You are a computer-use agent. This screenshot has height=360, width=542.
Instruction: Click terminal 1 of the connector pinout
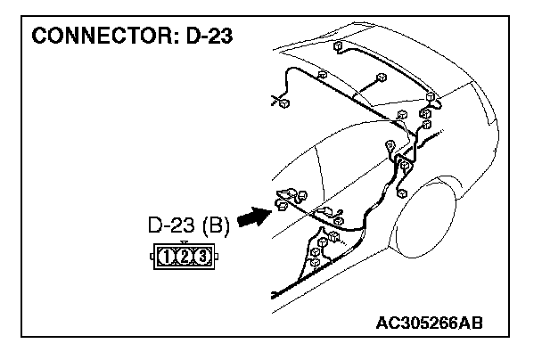click(x=167, y=257)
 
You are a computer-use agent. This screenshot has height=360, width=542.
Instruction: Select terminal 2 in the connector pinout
click(x=185, y=257)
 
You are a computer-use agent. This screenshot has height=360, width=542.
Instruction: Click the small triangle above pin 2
click(x=184, y=242)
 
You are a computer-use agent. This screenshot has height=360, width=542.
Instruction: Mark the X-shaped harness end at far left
click(x=275, y=101)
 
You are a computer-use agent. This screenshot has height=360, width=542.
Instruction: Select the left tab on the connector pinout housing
click(x=152, y=258)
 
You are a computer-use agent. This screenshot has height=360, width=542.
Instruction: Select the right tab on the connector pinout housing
click(x=216, y=258)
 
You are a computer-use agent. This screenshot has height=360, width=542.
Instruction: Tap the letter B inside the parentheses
click(x=216, y=225)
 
